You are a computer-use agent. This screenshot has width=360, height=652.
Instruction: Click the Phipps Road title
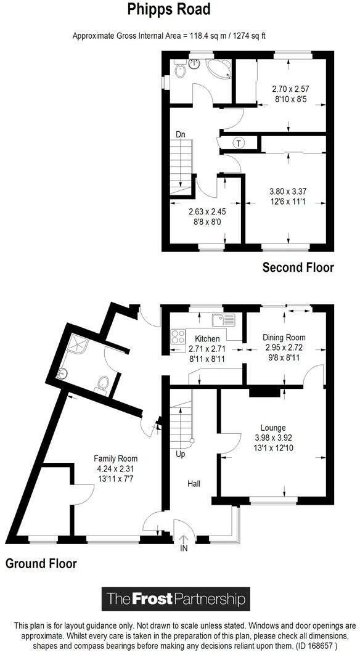tap(169, 9)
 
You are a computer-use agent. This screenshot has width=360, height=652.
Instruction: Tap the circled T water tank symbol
tap(239, 144)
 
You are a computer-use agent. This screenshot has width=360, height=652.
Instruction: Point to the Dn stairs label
tap(180, 135)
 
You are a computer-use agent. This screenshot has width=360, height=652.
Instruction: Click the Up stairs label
tap(181, 454)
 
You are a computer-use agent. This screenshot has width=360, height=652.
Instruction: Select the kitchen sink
tap(224, 320)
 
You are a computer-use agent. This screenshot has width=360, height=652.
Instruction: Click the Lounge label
tap(273, 428)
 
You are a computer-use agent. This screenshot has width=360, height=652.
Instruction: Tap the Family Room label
tap(115, 459)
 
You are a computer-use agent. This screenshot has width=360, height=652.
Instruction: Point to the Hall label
tap(194, 484)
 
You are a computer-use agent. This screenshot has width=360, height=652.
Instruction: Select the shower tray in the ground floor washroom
tap(77, 344)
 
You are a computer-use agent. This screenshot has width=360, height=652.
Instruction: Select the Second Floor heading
tap(298, 267)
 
